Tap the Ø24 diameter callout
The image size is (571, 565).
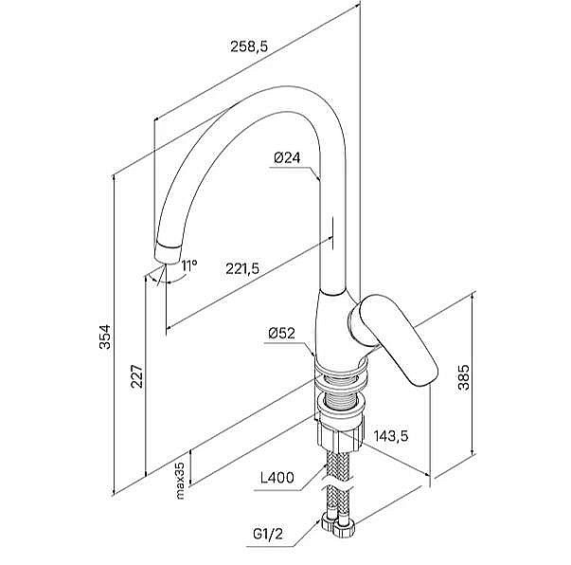click(x=286, y=157)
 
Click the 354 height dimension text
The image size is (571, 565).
click(x=106, y=338)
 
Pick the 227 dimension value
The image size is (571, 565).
click(x=138, y=376)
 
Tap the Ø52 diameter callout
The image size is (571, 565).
click(x=284, y=333)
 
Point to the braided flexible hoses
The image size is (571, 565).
click(x=338, y=479)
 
